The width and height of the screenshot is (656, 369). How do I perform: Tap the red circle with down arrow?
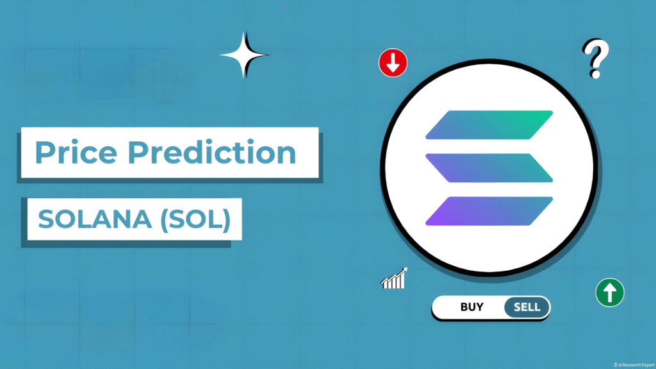tap(393, 63)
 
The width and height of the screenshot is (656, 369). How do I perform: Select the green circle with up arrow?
tap(609, 293)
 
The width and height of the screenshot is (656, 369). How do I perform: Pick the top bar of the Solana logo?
tap(488, 124)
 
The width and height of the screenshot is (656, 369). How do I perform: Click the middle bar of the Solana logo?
tap(488, 167)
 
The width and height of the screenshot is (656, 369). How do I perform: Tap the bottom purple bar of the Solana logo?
tap(488, 211)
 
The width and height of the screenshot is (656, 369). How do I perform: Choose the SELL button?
tap(527, 307)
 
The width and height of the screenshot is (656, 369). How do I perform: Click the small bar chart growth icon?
tap(394, 278)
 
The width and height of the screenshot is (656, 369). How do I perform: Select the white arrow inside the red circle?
tap(393, 63)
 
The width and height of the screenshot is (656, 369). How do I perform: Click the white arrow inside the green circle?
tap(609, 293)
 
